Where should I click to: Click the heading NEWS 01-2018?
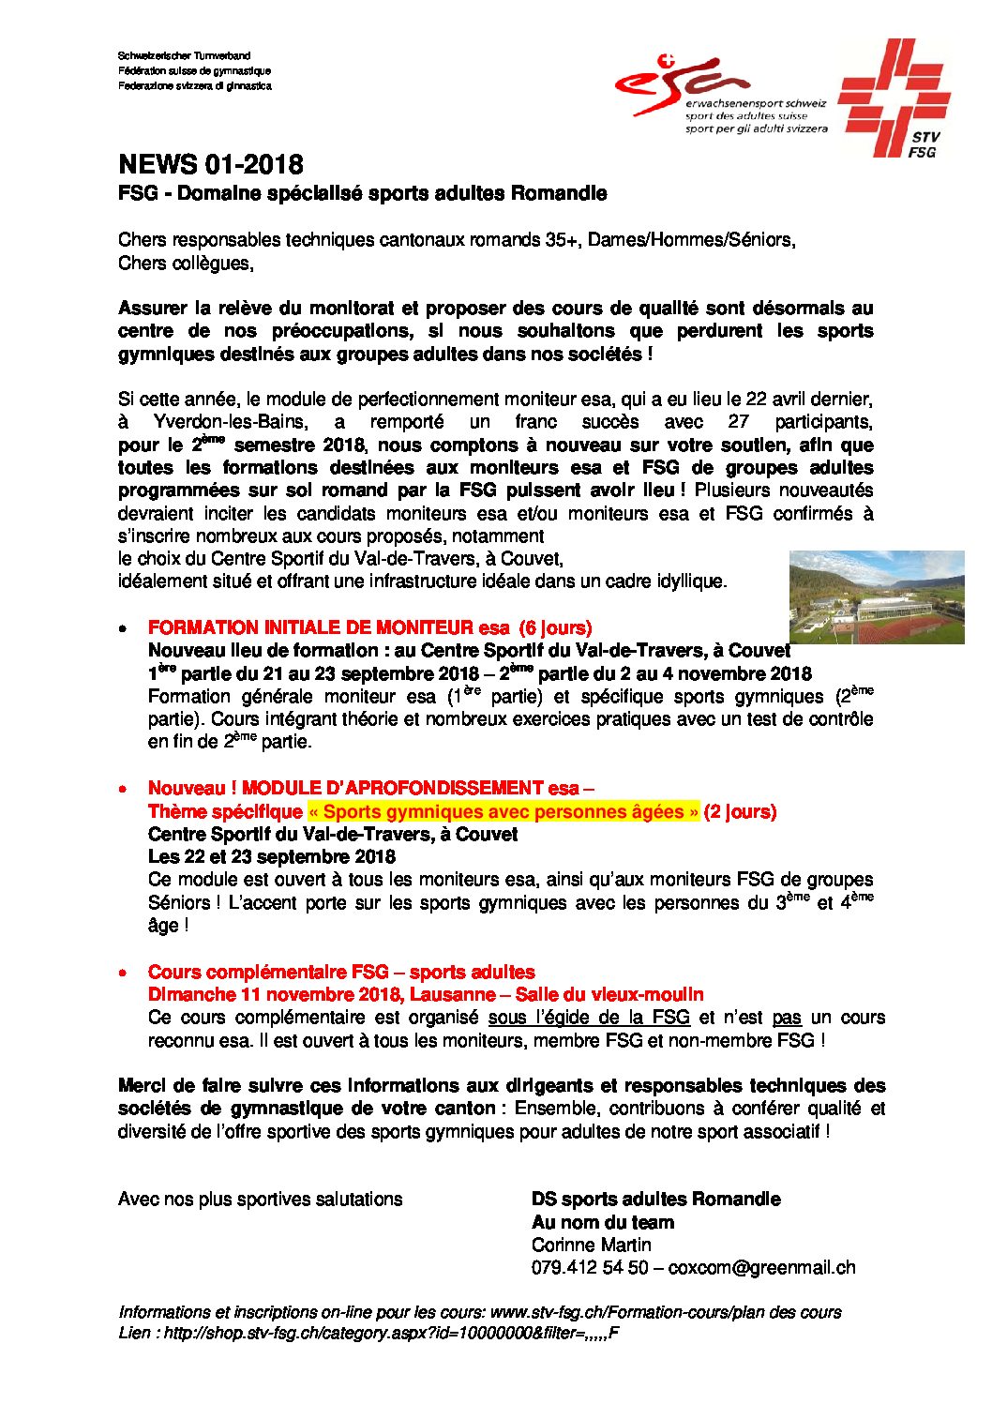click(x=210, y=165)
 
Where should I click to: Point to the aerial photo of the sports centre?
click(x=876, y=597)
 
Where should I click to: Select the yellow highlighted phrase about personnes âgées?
click(x=504, y=811)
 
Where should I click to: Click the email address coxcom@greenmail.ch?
click(x=761, y=1267)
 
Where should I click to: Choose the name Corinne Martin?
click(x=591, y=1245)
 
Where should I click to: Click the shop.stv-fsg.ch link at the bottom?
click(x=392, y=1334)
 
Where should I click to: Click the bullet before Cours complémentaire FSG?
click(x=123, y=974)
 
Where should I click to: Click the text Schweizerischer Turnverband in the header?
click(x=184, y=56)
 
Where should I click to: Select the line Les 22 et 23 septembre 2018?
click(x=271, y=856)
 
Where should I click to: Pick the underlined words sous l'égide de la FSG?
click(x=589, y=1017)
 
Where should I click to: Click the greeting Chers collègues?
click(x=186, y=263)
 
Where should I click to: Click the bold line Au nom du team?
click(x=602, y=1222)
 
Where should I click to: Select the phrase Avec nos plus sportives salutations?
click(x=260, y=1199)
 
